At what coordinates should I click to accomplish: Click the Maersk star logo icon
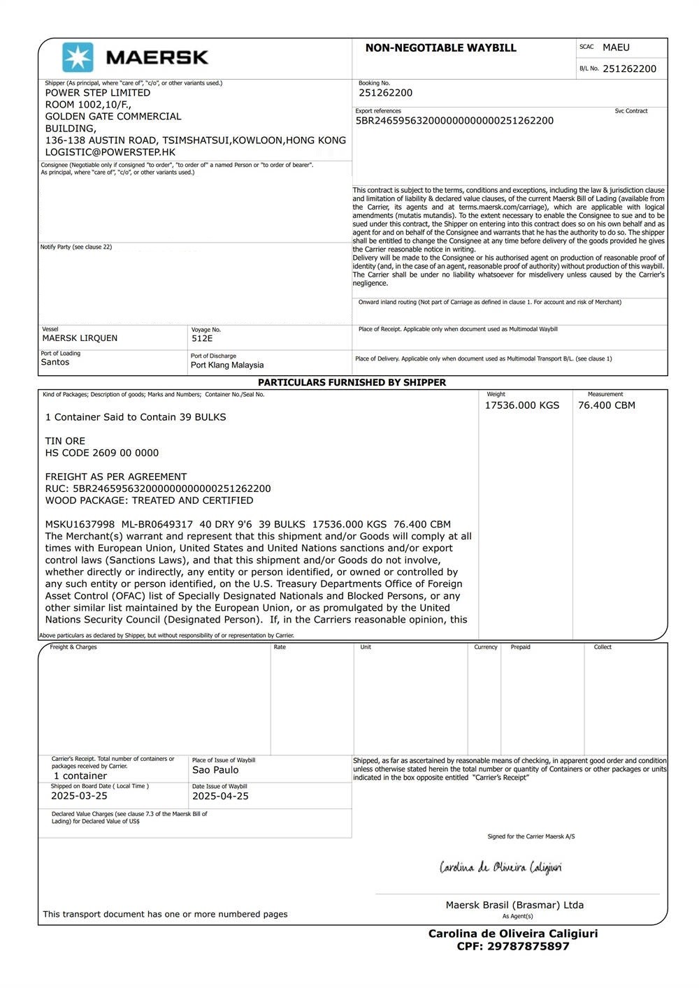point(77,57)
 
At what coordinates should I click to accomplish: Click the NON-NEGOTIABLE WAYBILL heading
point(440,48)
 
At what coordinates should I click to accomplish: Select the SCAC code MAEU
point(616,48)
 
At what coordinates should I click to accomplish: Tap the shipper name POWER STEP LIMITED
point(98,93)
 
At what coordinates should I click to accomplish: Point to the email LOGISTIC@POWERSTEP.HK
point(110,152)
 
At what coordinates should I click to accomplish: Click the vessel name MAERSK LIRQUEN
point(80,338)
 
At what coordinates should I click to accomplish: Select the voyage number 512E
point(202,339)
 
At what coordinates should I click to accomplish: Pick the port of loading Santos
point(55,363)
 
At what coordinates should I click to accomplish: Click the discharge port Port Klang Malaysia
point(227,365)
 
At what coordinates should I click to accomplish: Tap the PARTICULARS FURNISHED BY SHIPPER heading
point(352,383)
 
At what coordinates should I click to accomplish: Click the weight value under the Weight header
point(521,405)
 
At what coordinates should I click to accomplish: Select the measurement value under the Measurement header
point(606,405)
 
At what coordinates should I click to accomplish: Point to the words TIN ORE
point(65,441)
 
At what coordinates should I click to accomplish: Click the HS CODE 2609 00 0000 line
point(102,453)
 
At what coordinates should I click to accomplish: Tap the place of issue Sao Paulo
point(215,770)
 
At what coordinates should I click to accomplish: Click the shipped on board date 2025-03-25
point(79,796)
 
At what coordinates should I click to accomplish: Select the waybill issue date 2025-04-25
point(220,796)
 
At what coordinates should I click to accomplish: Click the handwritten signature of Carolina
point(500,868)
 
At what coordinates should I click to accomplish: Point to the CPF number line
point(513,946)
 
